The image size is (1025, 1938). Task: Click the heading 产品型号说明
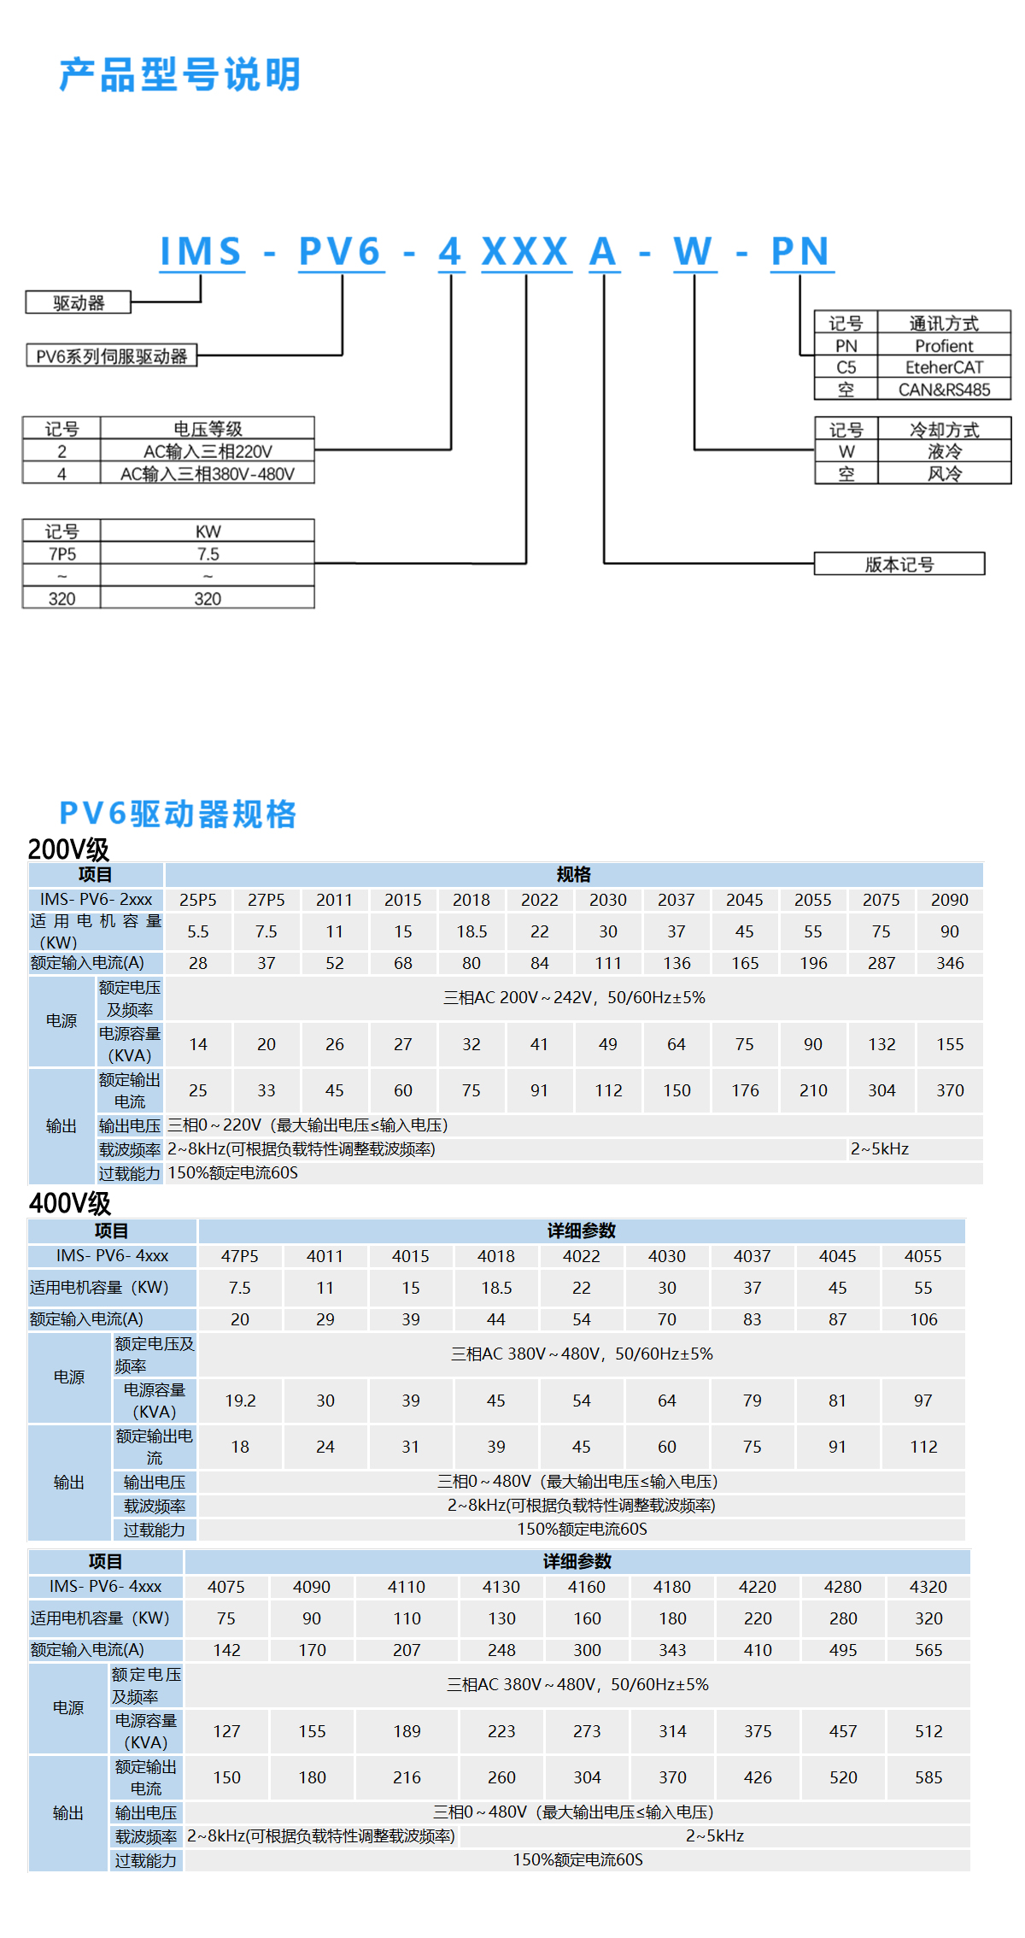pyautogui.click(x=180, y=75)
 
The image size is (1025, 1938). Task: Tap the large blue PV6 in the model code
pyautogui.click(x=340, y=251)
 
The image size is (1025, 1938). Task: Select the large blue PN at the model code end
pyautogui.click(x=800, y=251)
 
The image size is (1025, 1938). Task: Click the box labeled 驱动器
pyautogui.click(x=79, y=303)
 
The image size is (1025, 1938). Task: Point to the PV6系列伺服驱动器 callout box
pyautogui.click(x=112, y=356)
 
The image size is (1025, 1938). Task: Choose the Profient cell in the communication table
pyautogui.click(x=944, y=346)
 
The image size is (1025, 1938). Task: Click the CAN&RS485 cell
pyautogui.click(x=944, y=390)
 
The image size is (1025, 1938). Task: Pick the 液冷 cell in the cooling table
pyautogui.click(x=944, y=451)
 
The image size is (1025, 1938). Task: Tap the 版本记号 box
pyautogui.click(x=899, y=564)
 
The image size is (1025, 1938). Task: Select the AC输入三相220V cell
pyautogui.click(x=208, y=451)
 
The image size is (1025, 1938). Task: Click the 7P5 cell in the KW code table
pyautogui.click(x=61, y=554)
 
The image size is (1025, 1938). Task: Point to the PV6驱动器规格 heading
pyautogui.click(x=178, y=813)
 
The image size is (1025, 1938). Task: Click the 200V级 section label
pyautogui.click(x=68, y=849)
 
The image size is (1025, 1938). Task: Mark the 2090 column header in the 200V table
pyautogui.click(x=950, y=900)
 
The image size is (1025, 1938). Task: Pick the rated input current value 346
pyautogui.click(x=950, y=963)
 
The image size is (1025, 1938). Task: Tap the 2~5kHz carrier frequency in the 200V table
pyautogui.click(x=880, y=1149)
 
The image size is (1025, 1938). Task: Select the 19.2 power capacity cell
pyautogui.click(x=240, y=1401)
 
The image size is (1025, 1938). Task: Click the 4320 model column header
pyautogui.click(x=928, y=1587)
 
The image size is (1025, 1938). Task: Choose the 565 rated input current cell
pyautogui.click(x=928, y=1650)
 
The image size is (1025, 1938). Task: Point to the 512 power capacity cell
pyautogui.click(x=928, y=1731)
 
